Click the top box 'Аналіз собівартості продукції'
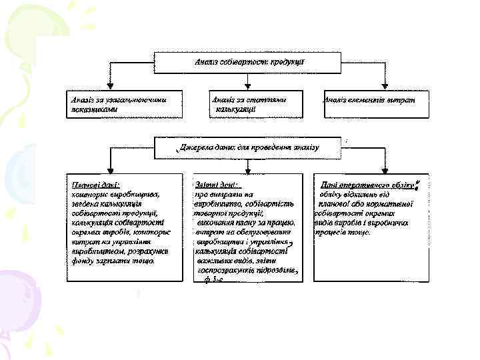(x=248, y=61)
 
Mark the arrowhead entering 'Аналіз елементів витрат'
(x=385, y=86)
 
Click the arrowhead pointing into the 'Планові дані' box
(x=111, y=171)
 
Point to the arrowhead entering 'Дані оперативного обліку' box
(x=385, y=171)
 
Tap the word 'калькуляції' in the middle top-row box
(x=231, y=110)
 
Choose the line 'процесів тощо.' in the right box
(x=342, y=233)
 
